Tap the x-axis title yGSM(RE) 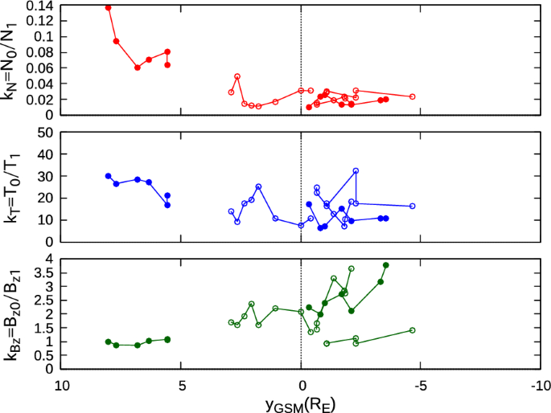(300, 403)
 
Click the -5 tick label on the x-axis (418, 383)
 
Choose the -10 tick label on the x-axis (535, 383)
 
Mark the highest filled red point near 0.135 (109, 7)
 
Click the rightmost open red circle (412, 96)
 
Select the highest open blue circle (356, 171)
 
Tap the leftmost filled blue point (109, 176)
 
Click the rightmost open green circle (412, 330)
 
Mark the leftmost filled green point (109, 341)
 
